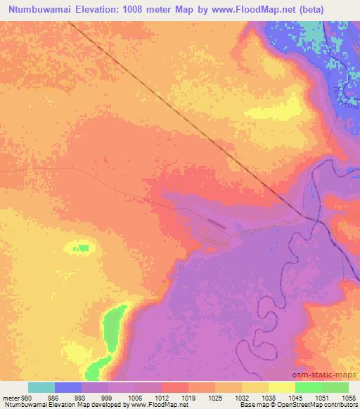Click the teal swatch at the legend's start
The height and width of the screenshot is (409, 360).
click(41, 387)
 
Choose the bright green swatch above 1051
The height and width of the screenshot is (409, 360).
click(309, 387)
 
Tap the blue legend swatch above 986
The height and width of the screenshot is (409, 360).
click(68, 387)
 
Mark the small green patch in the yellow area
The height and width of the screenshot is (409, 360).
click(83, 248)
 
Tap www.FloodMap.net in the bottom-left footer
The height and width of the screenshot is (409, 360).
click(150, 405)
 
